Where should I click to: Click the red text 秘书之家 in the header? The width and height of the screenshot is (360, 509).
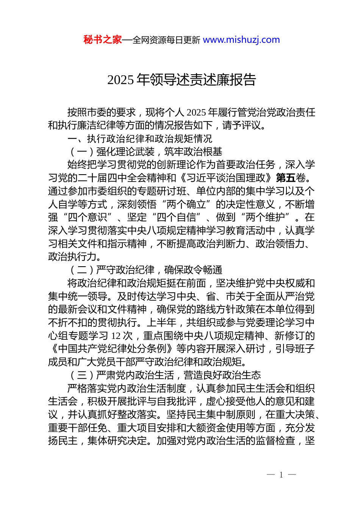point(103,40)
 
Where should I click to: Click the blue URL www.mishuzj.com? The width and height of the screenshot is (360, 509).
point(241,40)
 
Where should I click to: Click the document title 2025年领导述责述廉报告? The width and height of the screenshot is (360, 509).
point(182,80)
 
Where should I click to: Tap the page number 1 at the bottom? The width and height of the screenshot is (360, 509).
point(281,475)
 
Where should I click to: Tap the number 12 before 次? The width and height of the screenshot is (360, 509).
point(116,336)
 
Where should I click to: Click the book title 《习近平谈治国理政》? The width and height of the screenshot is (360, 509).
point(226,178)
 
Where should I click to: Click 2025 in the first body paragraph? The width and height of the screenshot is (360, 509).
point(196,112)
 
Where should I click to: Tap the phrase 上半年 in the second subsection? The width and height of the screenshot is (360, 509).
point(161,323)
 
